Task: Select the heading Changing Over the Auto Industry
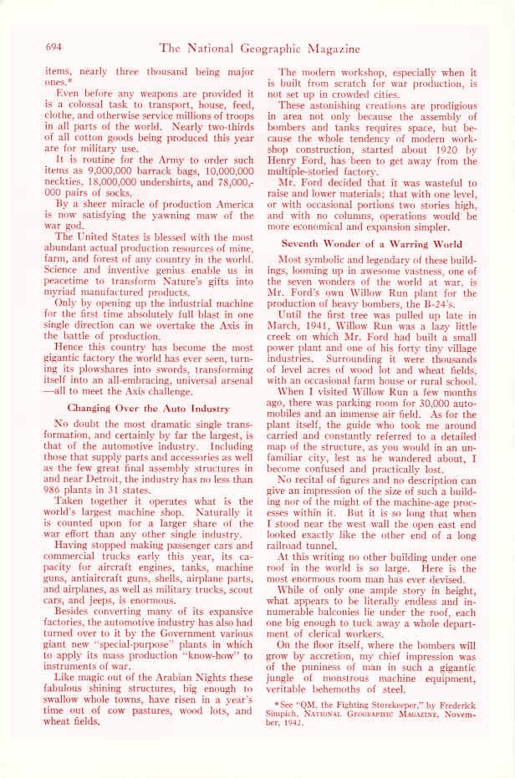pyautogui.click(x=149, y=409)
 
